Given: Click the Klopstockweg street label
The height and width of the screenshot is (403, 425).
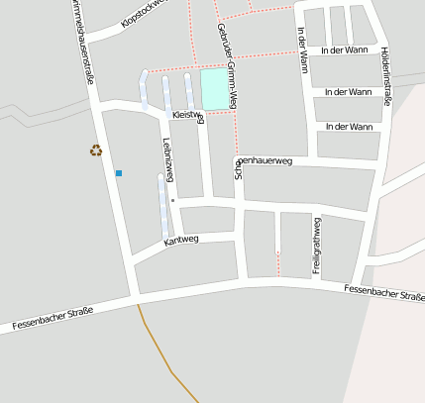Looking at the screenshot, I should (145, 11).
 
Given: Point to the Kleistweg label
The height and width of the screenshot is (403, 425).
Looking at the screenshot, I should (187, 116).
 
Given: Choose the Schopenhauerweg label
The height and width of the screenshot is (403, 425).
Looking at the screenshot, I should (264, 160).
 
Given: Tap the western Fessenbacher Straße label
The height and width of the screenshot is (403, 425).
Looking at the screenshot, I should (53, 318).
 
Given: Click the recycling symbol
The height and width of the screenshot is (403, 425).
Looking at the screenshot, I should (96, 151).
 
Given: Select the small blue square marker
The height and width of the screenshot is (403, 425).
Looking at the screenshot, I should (119, 173).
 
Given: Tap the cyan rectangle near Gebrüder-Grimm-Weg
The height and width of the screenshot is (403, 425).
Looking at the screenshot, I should (214, 89).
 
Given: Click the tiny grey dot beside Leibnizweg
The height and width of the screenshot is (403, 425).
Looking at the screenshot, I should (173, 200).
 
